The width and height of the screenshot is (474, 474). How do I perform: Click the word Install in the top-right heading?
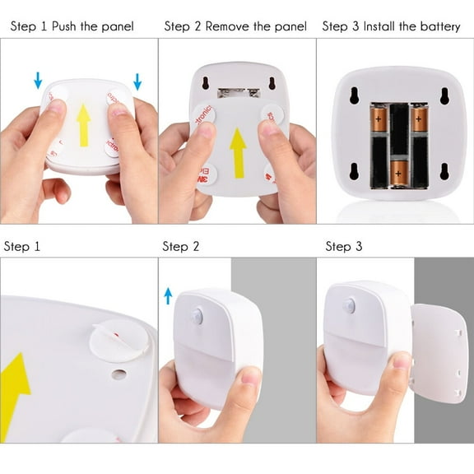[x=383, y=27]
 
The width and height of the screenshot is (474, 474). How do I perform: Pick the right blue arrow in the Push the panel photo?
[x=137, y=81]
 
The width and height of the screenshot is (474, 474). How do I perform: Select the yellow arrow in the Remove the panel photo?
[x=238, y=153]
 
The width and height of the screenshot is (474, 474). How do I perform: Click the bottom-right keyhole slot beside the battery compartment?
[x=444, y=171]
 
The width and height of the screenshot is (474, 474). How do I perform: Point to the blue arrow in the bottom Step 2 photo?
[x=168, y=295]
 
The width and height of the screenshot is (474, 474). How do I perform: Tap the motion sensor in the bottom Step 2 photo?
[x=197, y=316]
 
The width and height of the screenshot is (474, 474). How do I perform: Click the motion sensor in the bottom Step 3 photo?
[x=350, y=306]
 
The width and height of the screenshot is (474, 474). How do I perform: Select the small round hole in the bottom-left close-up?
[x=119, y=374]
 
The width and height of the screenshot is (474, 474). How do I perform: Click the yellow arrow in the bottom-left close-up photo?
[x=16, y=387]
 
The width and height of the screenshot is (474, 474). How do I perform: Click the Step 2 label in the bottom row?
[x=181, y=247]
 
